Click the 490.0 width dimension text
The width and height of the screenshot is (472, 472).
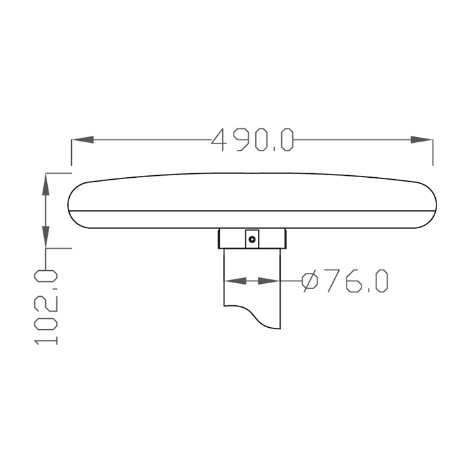click(x=252, y=140)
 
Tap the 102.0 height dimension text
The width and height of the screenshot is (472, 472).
click(x=46, y=307)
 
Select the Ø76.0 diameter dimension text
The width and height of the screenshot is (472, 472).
click(x=345, y=281)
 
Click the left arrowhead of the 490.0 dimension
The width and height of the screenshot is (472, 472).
click(x=83, y=140)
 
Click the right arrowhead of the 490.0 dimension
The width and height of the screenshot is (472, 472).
click(x=422, y=140)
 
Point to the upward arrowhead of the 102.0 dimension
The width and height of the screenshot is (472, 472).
click(x=45, y=184)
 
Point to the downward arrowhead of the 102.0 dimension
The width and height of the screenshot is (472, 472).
click(x=45, y=237)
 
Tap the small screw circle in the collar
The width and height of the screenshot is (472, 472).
click(x=252, y=239)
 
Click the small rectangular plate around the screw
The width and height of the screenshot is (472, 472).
click(x=252, y=239)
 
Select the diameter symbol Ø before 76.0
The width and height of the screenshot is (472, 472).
click(x=310, y=281)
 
